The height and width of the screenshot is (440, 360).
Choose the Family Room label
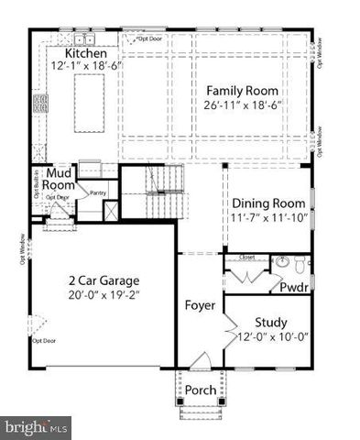[240, 91]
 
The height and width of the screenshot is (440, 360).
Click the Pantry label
[99, 192]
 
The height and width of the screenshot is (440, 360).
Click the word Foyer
[199, 304]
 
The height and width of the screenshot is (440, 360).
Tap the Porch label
[201, 390]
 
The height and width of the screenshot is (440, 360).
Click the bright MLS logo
[36, 426]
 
